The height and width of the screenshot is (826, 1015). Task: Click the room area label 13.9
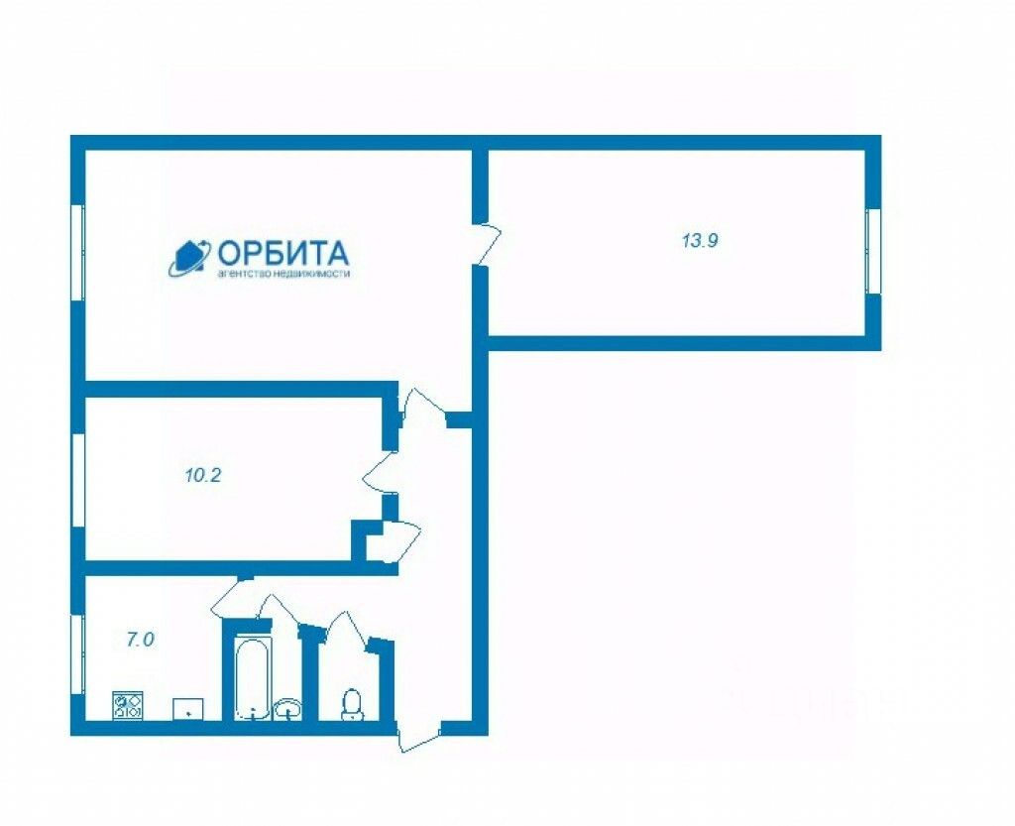[699, 240]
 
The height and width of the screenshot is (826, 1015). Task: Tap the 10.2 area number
[202, 474]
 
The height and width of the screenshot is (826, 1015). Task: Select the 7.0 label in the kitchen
[140, 640]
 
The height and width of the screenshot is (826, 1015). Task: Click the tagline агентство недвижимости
[283, 275]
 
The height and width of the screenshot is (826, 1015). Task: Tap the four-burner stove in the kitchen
[128, 705]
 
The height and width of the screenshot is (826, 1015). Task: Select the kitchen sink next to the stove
[188, 708]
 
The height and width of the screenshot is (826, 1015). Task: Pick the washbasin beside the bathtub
[288, 708]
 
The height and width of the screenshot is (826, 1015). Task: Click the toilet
[351, 703]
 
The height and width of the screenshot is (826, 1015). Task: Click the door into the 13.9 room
[488, 244]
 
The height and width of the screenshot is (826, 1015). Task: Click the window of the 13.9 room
[873, 252]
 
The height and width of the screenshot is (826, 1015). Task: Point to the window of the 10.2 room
[77, 478]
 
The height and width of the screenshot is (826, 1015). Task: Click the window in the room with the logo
[77, 252]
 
